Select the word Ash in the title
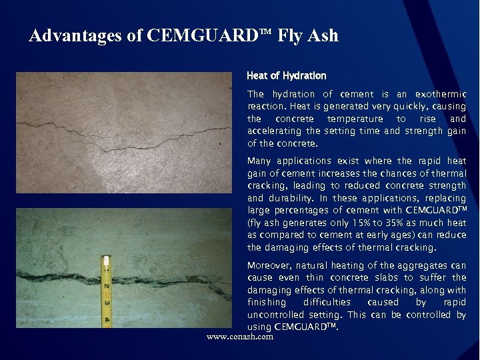click(x=324, y=35)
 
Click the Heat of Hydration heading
click(x=286, y=76)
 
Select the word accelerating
click(x=275, y=131)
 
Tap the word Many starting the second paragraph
click(x=260, y=161)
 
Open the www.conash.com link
click(x=240, y=337)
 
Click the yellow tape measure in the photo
click(x=106, y=289)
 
